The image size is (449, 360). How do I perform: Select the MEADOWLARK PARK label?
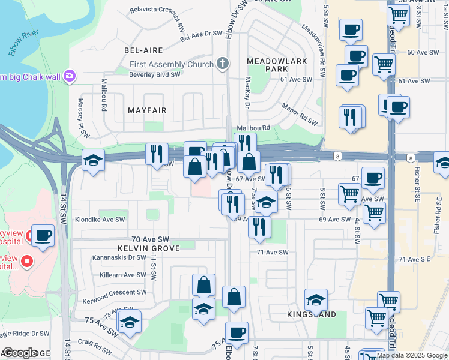click(277, 65)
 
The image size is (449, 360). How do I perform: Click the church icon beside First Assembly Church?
click(223, 64)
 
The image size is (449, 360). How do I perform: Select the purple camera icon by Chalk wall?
click(70, 76)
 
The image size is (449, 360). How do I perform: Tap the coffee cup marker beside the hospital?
click(43, 235)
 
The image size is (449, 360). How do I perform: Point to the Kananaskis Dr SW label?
click(119, 257)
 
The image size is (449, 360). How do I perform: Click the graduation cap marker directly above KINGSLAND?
click(316, 299)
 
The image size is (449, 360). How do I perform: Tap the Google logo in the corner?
click(20, 353)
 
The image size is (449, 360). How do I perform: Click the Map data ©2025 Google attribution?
click(412, 355)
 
